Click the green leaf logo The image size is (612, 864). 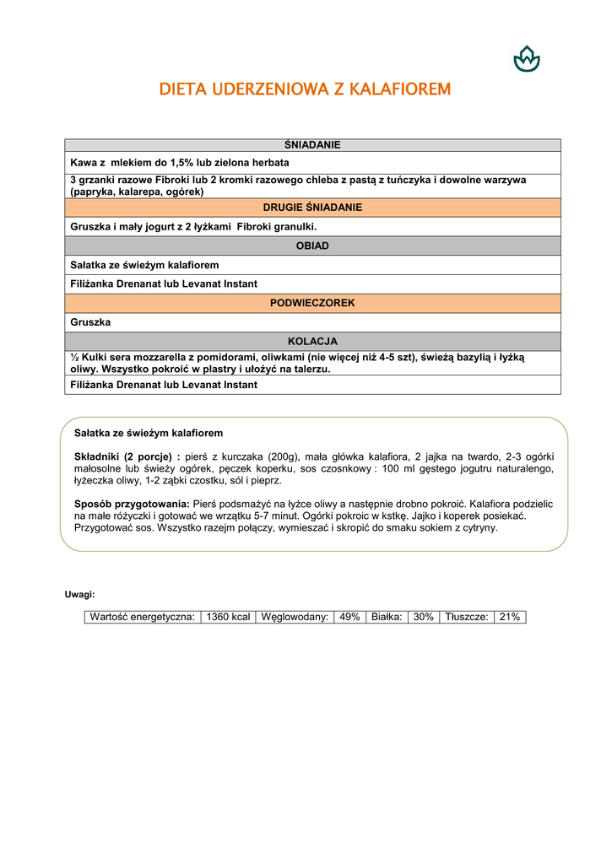tap(527, 59)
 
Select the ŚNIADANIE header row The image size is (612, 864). tap(312, 145)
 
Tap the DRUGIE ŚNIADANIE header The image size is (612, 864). tap(312, 208)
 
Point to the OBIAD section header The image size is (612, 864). tap(312, 246)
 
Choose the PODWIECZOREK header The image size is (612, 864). tap(312, 303)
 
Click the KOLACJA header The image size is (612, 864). tap(312, 342)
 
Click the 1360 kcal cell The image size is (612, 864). tap(228, 617)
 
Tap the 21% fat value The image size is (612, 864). tap(510, 617)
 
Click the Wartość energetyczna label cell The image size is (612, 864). tap(143, 617)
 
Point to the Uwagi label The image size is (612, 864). tap(80, 594)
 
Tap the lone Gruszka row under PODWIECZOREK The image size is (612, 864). tap(90, 322)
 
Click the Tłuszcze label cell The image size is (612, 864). tap(467, 617)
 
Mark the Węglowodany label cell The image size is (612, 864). tap(295, 617)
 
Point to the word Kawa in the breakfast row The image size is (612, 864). tap(83, 162)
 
